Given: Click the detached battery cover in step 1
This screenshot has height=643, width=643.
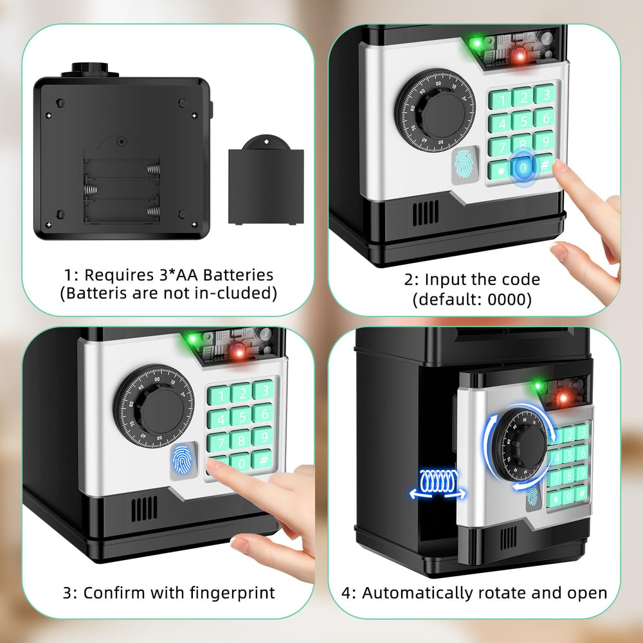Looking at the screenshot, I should point(266,183).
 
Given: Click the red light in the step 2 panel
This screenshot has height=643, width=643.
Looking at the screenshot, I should point(519,56).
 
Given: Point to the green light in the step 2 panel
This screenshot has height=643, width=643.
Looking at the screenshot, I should point(476,44).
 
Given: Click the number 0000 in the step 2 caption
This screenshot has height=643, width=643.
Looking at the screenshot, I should point(511,300).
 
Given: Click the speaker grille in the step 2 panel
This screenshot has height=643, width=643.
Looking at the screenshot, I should point(426,213).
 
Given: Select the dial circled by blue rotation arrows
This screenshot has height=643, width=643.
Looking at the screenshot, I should point(521,443).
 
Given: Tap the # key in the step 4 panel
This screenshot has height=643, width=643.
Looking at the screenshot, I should point(581,493).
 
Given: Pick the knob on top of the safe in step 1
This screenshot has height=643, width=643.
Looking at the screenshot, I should point(95,70).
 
